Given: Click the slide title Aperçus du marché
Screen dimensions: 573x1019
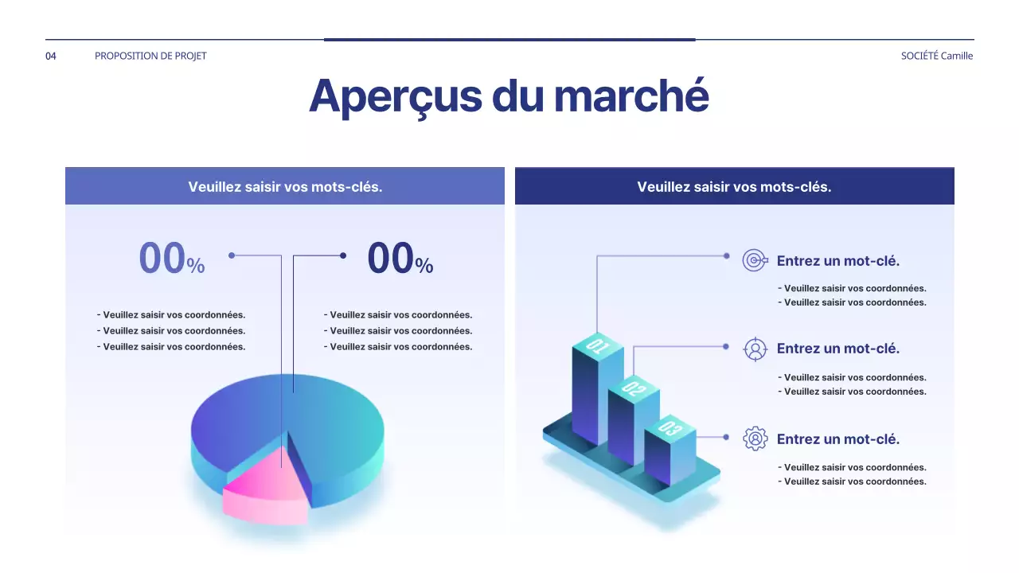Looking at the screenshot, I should point(509,95).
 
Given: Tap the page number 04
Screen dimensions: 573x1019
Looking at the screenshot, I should point(51,56).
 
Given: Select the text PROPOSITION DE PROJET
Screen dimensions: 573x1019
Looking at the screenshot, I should point(150,56).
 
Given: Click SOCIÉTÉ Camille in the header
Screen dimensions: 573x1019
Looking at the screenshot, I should point(936,56).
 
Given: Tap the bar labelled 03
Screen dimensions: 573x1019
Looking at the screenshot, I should point(669,458).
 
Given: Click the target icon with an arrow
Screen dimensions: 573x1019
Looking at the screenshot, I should point(755,260).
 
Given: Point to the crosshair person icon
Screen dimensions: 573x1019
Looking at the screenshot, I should point(755,349).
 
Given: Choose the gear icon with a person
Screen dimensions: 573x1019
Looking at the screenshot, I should point(755,439).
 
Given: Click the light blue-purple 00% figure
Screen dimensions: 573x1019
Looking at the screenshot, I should point(171,259).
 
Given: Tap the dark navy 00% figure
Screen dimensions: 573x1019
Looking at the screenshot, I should point(400,259).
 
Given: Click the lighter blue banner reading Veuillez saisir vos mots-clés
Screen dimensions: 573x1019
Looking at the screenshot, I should point(285,187).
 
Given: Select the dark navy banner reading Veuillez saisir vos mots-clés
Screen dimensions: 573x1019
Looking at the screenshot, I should point(734,187).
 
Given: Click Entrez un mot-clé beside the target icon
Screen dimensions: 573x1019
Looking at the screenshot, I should point(837,261).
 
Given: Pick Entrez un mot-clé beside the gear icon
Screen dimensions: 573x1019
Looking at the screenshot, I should point(837,439).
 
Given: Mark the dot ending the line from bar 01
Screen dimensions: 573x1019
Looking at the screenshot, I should point(726,255).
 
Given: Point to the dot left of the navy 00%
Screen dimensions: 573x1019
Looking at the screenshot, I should point(343,255).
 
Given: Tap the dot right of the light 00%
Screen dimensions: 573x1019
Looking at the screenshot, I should point(232,255).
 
